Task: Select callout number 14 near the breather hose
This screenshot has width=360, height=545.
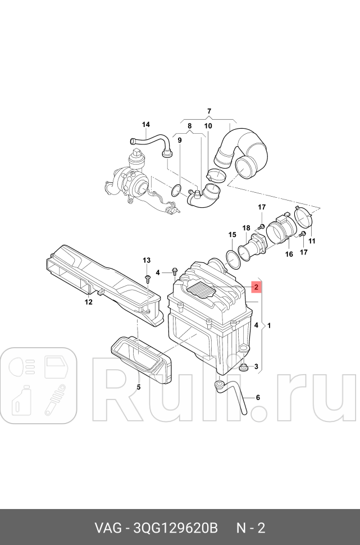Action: (x=146, y=125)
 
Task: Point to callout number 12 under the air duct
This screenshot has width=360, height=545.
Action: (x=88, y=302)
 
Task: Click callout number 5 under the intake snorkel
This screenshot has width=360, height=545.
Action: (x=138, y=387)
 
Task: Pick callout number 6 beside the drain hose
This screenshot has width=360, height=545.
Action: (x=258, y=398)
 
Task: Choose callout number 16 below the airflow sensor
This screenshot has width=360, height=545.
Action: (x=289, y=254)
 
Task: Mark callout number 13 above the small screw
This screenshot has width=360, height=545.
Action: (x=147, y=260)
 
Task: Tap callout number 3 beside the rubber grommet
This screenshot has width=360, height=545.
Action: (x=256, y=367)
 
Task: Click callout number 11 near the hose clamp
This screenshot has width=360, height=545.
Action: (x=312, y=241)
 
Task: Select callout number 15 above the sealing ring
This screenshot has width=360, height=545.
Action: (x=232, y=234)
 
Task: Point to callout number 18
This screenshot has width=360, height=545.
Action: (x=246, y=228)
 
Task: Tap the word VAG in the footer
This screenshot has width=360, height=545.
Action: (x=107, y=528)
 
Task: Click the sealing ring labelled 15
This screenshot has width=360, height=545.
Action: (x=233, y=257)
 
